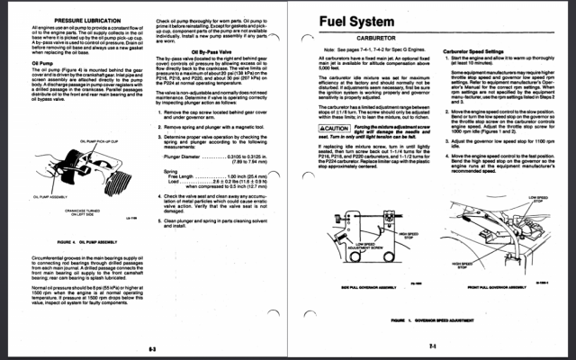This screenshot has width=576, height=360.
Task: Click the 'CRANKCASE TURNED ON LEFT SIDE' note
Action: point(79,212)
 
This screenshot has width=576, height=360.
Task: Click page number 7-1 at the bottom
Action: point(433,345)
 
